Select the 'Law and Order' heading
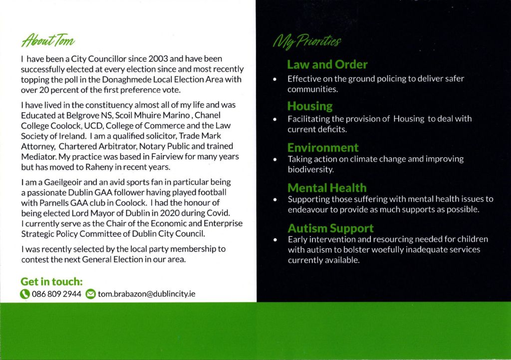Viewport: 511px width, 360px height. (x=327, y=64)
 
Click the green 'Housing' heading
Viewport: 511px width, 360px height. (x=309, y=106)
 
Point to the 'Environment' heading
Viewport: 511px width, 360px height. (x=322, y=147)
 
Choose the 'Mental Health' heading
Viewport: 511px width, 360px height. (x=326, y=188)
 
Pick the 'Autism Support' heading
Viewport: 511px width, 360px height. (x=330, y=228)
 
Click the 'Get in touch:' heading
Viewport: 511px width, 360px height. (x=51, y=281)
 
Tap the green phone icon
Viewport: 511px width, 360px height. (x=25, y=294)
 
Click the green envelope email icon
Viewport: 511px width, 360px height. (x=90, y=294)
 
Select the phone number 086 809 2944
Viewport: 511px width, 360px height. (x=56, y=294)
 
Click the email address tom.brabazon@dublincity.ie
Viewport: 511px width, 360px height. (x=147, y=294)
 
